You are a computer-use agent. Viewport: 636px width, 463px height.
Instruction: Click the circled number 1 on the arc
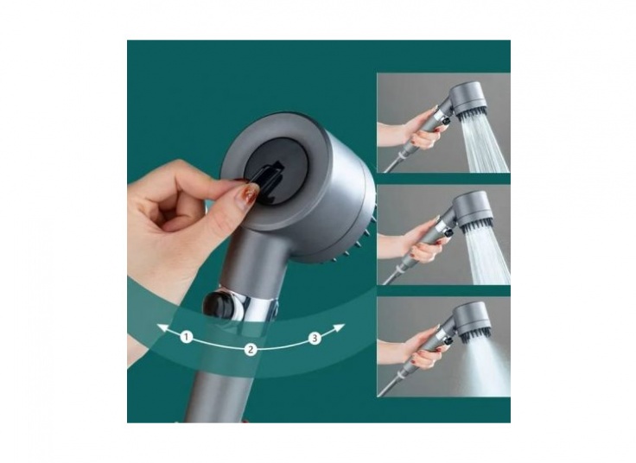click(x=186, y=336)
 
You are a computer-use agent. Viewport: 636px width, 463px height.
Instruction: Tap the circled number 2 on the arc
click(x=251, y=350)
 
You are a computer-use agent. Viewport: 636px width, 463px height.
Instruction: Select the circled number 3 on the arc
click(x=315, y=338)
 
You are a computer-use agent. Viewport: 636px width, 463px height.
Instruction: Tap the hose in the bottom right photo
click(x=389, y=385)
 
